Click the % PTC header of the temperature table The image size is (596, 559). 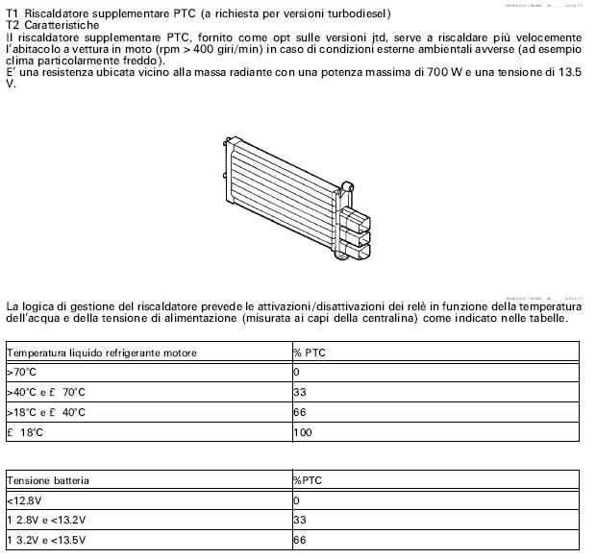click(310, 352)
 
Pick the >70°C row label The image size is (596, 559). click(21, 372)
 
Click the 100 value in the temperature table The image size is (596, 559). click(302, 432)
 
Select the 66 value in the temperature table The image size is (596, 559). click(299, 412)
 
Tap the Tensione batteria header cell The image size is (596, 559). click(46, 479)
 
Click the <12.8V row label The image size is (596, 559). click(23, 499)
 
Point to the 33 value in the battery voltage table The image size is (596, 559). click(299, 520)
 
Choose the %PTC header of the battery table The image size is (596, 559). click(308, 479)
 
